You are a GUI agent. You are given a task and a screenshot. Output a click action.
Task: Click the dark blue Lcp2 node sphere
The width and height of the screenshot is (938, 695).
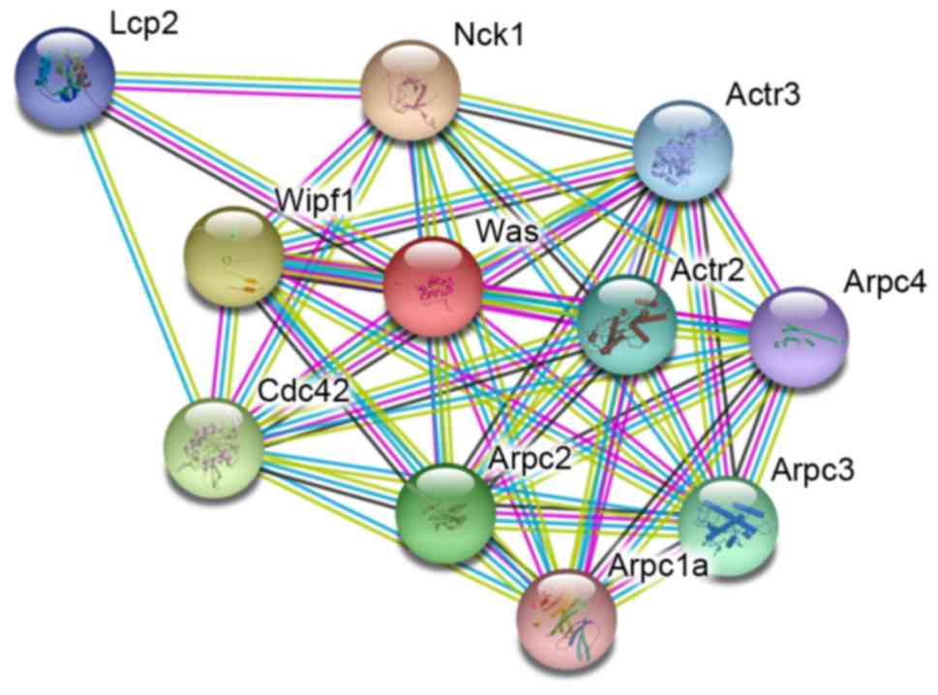point(65,73)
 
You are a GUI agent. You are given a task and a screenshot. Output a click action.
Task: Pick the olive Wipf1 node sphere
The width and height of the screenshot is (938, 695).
point(232,257)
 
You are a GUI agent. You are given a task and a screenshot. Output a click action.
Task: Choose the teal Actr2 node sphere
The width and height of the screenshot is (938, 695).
point(626,325)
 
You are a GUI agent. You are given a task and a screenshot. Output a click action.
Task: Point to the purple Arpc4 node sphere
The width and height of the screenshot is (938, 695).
point(800,335)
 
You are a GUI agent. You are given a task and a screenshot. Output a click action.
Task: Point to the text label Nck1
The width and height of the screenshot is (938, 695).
point(489,36)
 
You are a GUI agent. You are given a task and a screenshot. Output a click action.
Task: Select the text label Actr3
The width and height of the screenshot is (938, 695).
point(765,96)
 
